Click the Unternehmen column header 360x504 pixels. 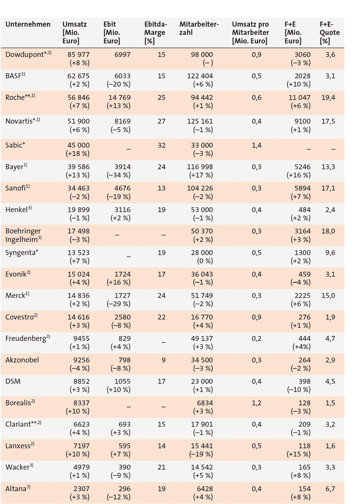tap(28, 24)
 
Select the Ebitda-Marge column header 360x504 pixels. tap(156, 32)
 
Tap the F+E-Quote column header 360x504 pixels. tap(329, 32)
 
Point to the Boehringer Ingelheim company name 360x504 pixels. tap(24, 235)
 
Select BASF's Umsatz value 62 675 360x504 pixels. tap(79, 76)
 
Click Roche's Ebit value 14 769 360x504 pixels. tap(119, 98)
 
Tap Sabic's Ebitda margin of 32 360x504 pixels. tap(162, 145)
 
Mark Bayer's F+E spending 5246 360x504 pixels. tap(302, 167)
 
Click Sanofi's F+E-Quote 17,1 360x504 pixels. tap(328, 188)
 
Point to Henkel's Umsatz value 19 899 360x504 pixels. tap(79, 210)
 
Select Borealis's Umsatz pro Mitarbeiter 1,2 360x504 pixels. tap(257, 403)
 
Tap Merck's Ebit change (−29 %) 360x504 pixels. tap(118, 304)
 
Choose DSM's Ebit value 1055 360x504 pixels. tap(123, 382)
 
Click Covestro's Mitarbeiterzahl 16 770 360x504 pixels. tap(202, 317)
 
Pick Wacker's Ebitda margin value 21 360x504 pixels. tap(162, 467)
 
